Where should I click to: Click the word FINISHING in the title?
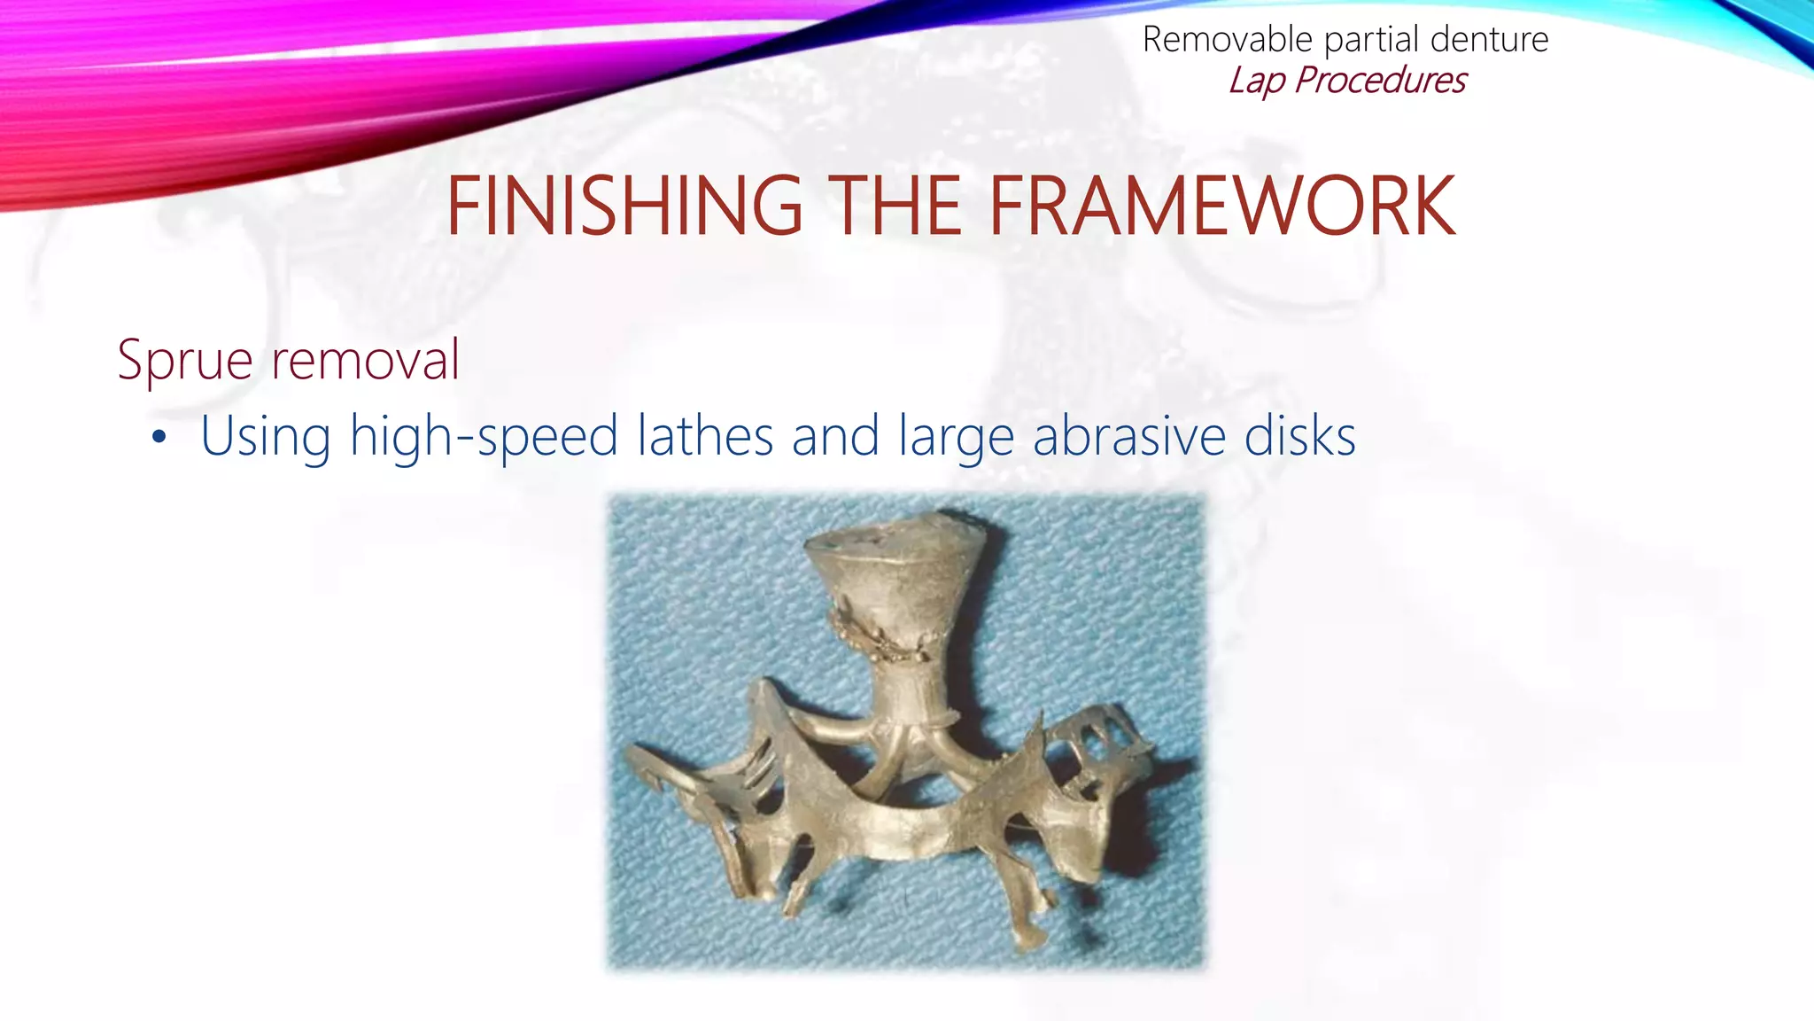click(624, 207)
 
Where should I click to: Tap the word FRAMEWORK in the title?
click(1221, 207)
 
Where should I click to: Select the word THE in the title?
click(895, 207)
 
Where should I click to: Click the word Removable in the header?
click(1227, 40)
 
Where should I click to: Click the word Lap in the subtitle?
click(1256, 81)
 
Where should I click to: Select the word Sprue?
click(185, 360)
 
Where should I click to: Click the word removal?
click(365, 360)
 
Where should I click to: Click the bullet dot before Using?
click(159, 437)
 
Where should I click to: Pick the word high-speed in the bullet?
click(484, 437)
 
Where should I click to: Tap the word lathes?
click(706, 437)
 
